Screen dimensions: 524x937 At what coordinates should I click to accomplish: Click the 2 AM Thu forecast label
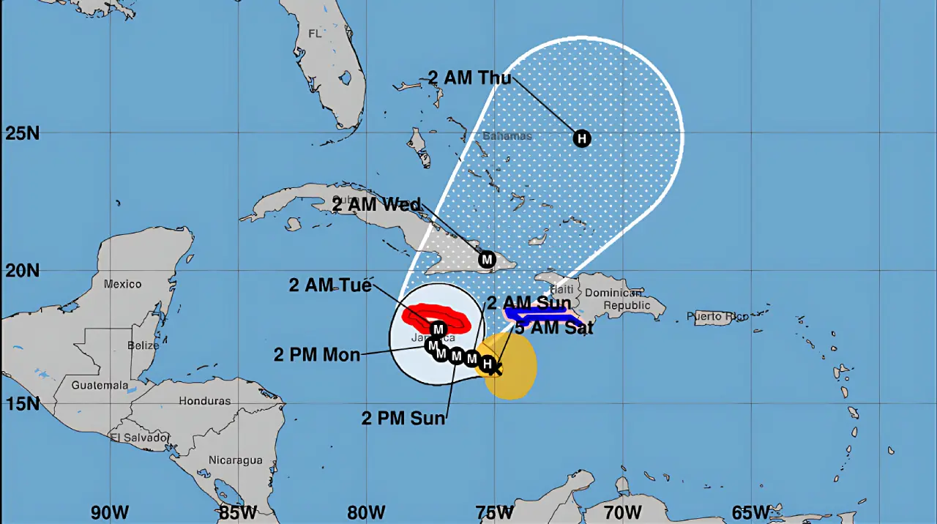tap(469, 78)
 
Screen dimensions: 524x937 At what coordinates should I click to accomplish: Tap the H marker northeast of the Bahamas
tap(582, 138)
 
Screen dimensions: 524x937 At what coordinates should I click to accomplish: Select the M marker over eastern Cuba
tap(487, 259)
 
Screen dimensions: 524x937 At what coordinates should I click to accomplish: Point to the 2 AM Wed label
tap(376, 204)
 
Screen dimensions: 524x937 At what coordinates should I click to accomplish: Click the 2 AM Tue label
tap(330, 285)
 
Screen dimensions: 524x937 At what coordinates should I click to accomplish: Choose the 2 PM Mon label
tap(317, 355)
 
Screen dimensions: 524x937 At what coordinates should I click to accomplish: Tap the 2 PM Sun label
tap(403, 418)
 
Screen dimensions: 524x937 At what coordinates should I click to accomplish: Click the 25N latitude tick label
tap(21, 134)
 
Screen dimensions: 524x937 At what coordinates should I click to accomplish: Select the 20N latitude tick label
tap(21, 271)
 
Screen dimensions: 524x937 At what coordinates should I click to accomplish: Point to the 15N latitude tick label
tap(21, 403)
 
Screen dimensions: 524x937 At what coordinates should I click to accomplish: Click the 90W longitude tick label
tap(110, 512)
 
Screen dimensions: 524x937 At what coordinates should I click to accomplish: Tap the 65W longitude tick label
tap(750, 512)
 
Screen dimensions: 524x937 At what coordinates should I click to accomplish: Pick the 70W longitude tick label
tap(622, 512)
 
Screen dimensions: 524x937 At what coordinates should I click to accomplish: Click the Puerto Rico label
tap(717, 317)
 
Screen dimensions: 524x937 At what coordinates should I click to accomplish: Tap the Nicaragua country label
tap(235, 460)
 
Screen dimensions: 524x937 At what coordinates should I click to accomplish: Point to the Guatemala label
tap(100, 385)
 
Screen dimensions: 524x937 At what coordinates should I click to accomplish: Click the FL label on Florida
tap(315, 34)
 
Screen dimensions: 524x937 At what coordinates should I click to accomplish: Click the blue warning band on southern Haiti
tap(542, 315)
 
